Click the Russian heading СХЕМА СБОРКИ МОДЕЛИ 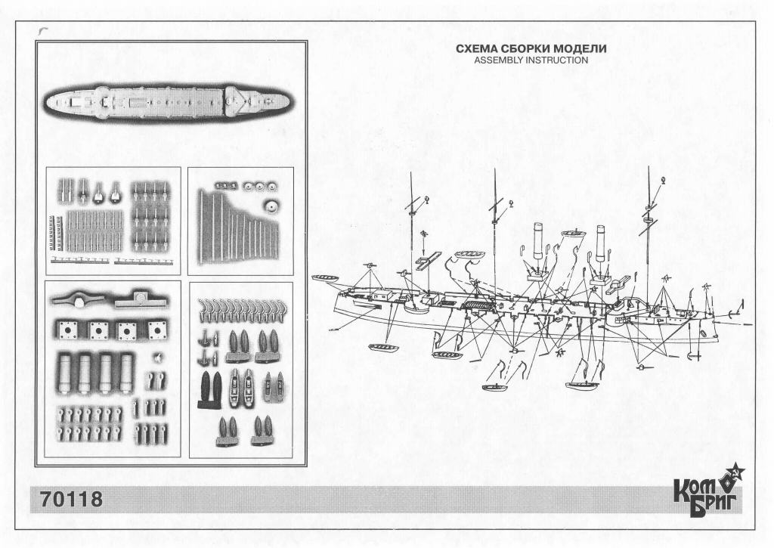531,49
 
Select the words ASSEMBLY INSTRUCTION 531,60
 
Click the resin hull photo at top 170,102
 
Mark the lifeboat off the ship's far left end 325,280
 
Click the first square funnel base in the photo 66,330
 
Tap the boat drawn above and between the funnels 574,234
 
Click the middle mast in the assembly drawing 494,219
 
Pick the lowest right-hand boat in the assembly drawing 583,385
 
